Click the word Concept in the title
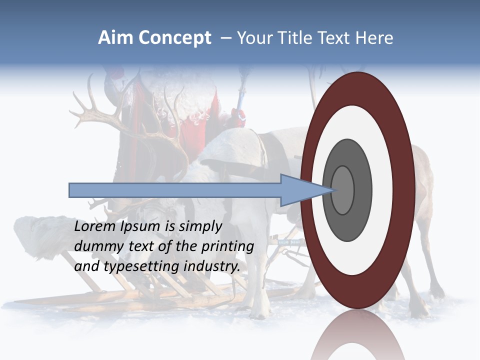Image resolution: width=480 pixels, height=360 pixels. [x=175, y=38]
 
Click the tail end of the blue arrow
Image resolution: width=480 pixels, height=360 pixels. [x=70, y=190]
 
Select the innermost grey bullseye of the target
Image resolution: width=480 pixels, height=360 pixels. [x=342, y=190]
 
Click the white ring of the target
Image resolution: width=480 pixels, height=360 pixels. [x=382, y=190]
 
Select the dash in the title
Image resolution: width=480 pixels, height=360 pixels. [x=225, y=38]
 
